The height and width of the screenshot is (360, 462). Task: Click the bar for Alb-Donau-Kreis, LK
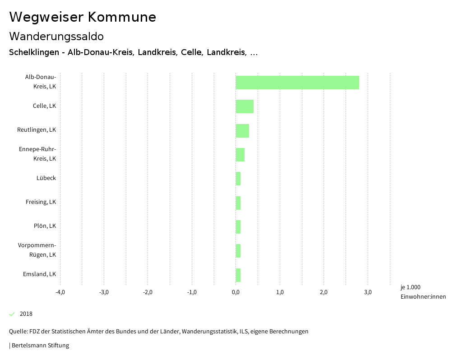pos(297,83)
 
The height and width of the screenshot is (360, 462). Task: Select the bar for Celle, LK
pos(245,106)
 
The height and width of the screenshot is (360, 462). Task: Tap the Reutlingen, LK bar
pos(242,130)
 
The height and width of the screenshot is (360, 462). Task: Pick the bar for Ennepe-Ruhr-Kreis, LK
pos(240,155)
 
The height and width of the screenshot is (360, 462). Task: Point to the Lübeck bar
pos(238,179)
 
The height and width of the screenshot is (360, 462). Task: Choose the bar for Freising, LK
pos(238,203)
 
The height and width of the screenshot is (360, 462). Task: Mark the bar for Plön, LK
pos(238,226)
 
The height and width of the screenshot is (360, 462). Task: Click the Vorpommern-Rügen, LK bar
pos(238,251)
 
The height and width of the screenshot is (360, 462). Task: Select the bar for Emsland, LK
pos(238,275)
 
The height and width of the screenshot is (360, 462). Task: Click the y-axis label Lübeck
pos(46,178)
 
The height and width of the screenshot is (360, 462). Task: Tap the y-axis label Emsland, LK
pos(39,274)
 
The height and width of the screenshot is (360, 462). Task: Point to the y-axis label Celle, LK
pos(44,106)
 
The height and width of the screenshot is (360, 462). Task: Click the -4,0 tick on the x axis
pos(60,292)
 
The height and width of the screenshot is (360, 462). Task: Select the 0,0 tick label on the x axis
pos(236,292)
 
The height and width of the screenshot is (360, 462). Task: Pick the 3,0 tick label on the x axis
pos(368,292)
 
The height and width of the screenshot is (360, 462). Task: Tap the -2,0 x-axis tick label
pos(148,292)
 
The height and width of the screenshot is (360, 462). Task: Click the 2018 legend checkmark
pos(12,314)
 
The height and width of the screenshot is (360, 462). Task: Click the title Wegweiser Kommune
pos(83,17)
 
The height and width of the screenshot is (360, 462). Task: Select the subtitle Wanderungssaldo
pos(56,37)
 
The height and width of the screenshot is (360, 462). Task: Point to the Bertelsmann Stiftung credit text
pos(40,346)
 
